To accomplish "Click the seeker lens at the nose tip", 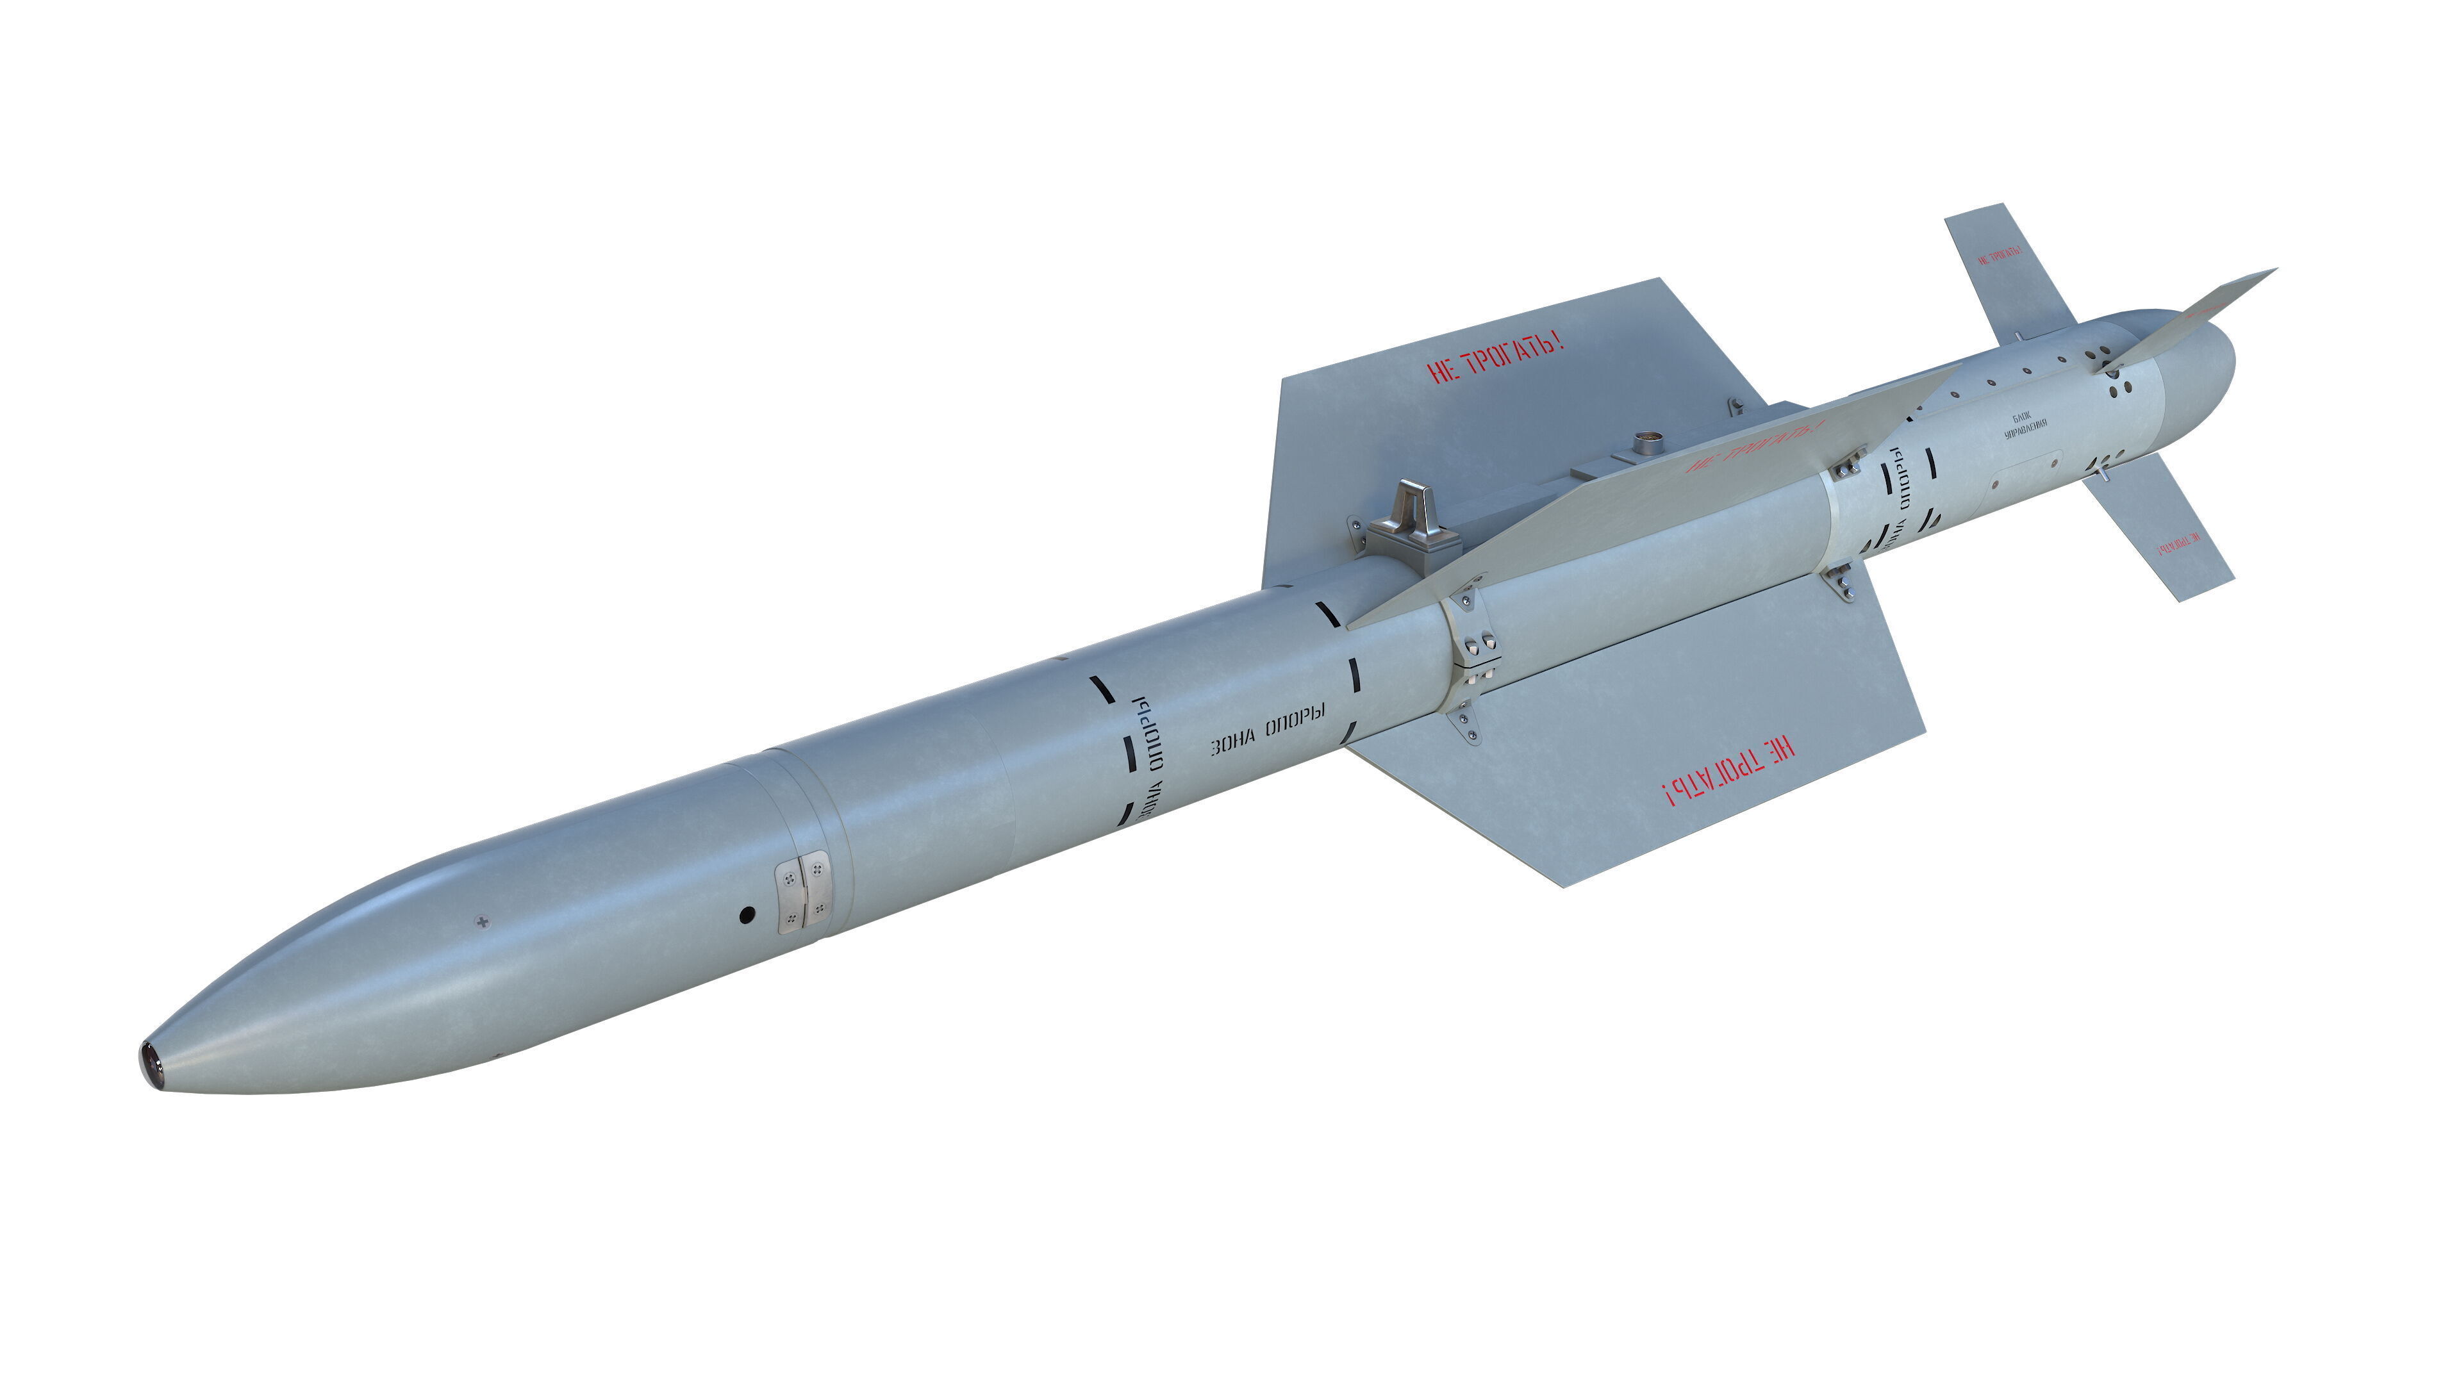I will click(x=150, y=1064).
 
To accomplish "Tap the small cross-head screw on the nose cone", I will click(x=481, y=922).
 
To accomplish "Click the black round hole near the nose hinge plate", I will click(x=747, y=915).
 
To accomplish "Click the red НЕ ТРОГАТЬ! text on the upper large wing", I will click(x=1495, y=358).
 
